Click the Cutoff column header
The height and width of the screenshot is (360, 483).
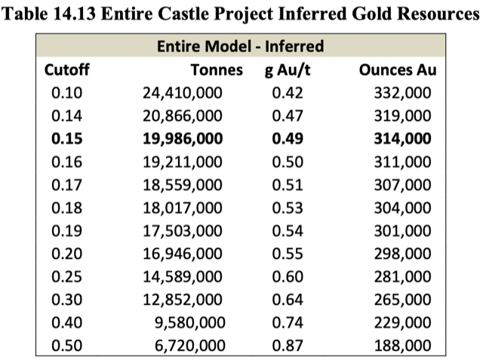coord(67,70)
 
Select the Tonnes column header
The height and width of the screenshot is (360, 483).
coord(217,70)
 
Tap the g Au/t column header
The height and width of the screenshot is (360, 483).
coord(284,70)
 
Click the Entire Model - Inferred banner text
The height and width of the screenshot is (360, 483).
coord(240,47)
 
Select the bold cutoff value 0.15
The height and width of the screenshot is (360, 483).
coord(66,139)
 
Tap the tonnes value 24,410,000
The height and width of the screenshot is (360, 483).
coord(183,93)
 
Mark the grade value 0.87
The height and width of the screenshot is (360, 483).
coord(284,346)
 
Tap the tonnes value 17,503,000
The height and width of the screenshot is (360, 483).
coord(183,208)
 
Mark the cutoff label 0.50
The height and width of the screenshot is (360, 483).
coord(66,346)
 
